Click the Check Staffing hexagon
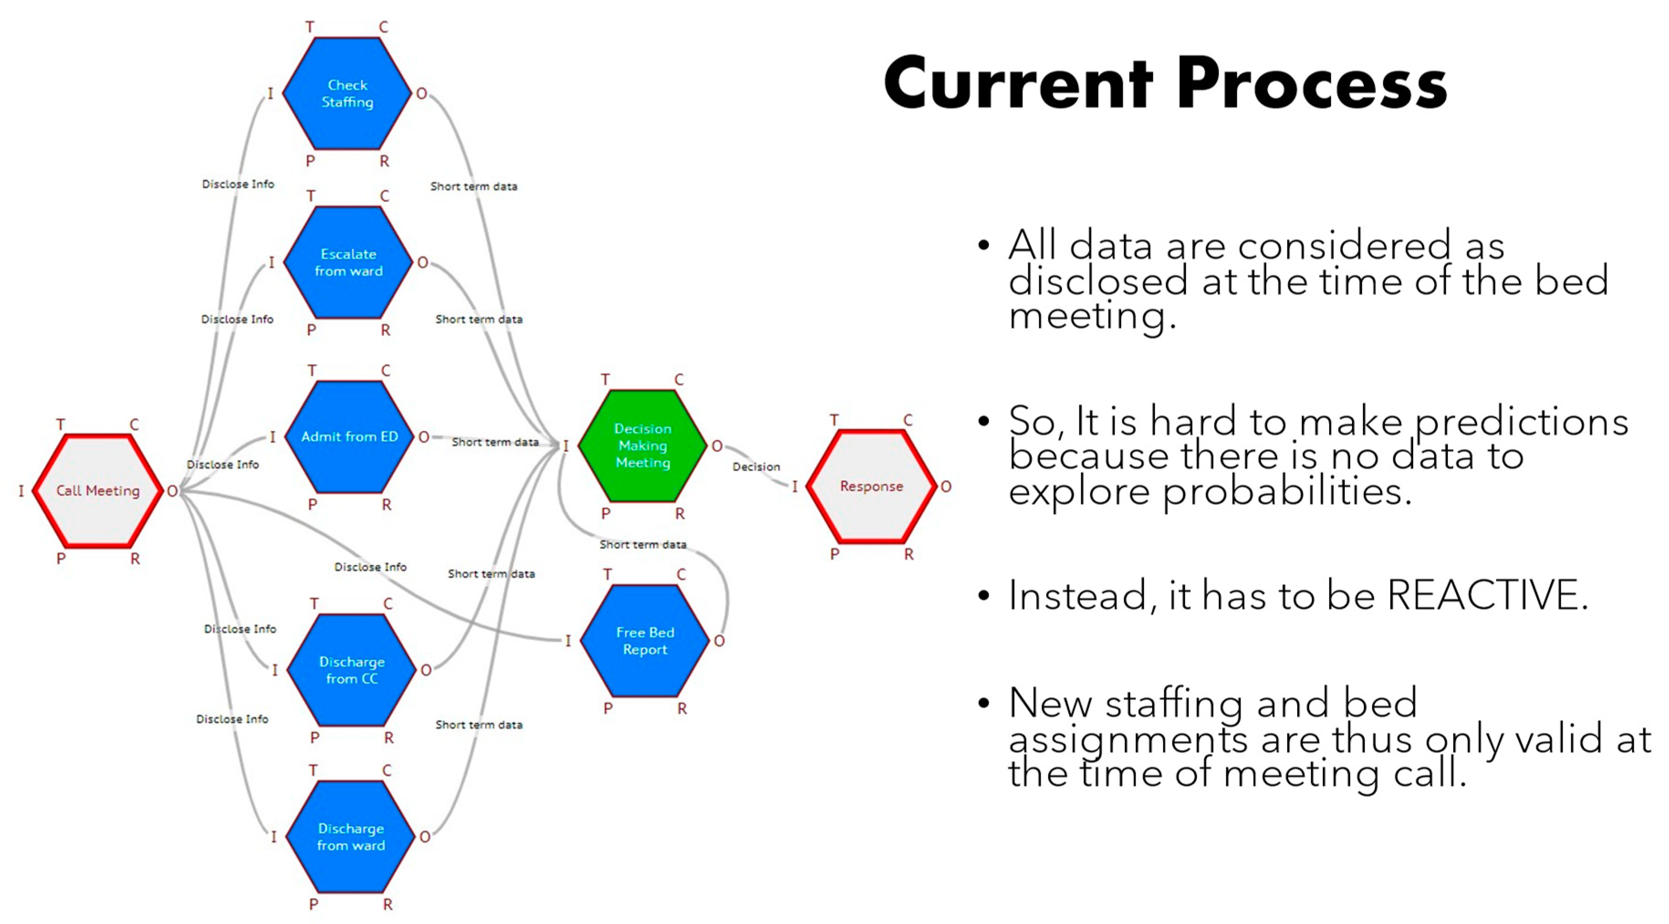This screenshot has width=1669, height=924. [x=347, y=93]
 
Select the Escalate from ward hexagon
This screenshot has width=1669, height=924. [x=348, y=262]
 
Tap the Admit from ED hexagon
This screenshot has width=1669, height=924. [x=349, y=437]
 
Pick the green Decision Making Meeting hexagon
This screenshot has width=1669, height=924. [x=643, y=446]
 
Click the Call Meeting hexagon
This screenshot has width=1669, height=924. [x=98, y=491]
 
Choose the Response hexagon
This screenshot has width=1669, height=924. [x=871, y=486]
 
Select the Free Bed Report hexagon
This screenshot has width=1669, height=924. [x=645, y=641]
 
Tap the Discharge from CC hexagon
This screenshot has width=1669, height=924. [x=351, y=670]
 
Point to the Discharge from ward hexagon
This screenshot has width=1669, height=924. [x=350, y=836]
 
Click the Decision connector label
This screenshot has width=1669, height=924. [x=756, y=467]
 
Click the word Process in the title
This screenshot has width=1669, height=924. [x=1311, y=84]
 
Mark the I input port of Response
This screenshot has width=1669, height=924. [x=794, y=487]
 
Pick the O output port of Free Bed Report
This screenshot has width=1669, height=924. [x=719, y=641]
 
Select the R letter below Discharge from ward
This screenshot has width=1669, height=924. [x=387, y=904]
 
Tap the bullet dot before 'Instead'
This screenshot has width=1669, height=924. [x=983, y=595]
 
